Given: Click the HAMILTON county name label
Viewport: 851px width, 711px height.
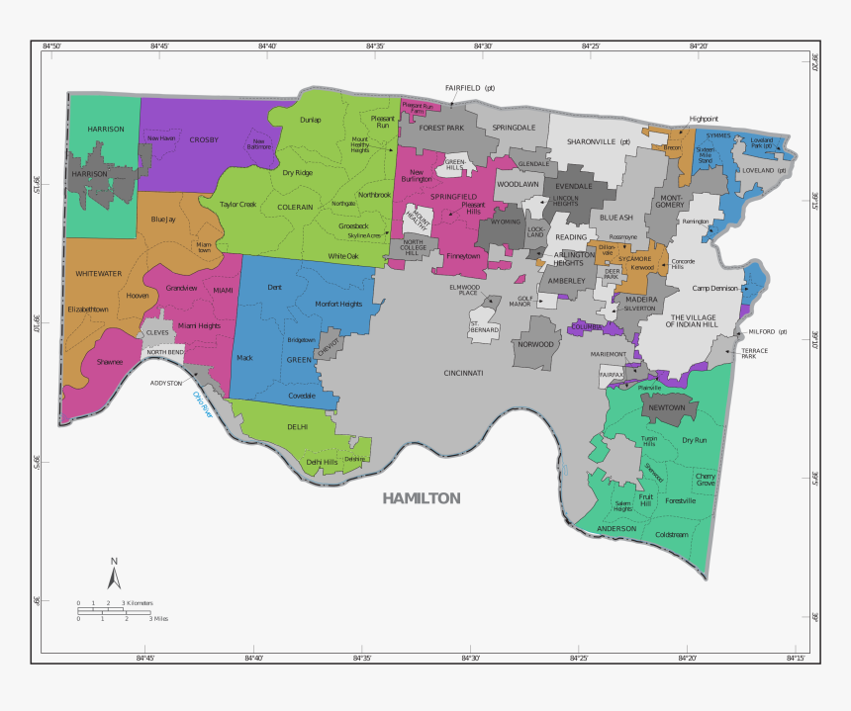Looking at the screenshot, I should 422,498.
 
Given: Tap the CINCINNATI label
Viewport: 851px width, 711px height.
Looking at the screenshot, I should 463,373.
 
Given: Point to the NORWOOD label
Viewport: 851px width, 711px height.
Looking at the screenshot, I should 535,344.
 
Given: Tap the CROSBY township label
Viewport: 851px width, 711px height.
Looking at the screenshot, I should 204,140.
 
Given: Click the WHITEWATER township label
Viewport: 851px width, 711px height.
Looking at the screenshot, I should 99,273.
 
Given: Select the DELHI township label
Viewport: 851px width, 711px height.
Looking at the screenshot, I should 298,426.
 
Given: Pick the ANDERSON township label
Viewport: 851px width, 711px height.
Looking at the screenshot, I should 616,529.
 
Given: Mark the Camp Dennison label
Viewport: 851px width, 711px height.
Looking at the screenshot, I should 715,289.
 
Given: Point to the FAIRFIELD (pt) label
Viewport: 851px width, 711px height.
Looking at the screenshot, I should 469,88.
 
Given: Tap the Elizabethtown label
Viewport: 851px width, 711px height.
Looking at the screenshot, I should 87,310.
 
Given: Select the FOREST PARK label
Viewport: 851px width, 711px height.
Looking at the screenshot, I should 441,128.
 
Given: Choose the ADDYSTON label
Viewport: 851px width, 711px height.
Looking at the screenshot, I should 166,383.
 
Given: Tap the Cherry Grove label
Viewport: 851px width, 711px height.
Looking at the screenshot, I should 706,480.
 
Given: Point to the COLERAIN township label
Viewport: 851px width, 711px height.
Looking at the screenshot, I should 295,207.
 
